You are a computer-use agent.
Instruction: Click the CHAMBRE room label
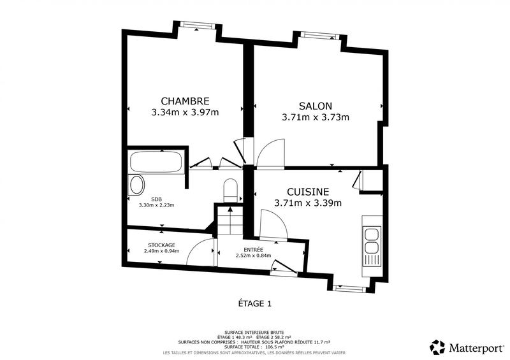click(184, 101)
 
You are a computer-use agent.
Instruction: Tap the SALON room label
click(316, 105)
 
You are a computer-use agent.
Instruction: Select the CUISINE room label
click(308, 191)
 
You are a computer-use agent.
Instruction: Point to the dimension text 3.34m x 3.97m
click(184, 113)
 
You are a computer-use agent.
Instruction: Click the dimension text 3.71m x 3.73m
click(316, 117)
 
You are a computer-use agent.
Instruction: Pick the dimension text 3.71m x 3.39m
click(308, 203)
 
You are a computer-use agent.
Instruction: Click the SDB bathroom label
click(156, 198)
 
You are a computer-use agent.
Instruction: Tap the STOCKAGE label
click(161, 245)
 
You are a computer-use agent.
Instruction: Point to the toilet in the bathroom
click(231, 190)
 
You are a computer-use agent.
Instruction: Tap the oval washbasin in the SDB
click(136, 185)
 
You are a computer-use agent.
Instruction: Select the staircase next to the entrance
click(228, 219)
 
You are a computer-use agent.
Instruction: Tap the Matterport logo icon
click(437, 347)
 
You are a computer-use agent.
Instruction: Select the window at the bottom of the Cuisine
click(349, 288)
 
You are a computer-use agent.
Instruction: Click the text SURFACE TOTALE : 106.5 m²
click(254, 347)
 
